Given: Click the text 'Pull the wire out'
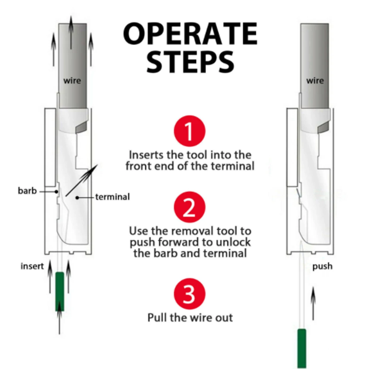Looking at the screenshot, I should point(190,317).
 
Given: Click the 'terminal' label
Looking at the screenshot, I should point(113,197).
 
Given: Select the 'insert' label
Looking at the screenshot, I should point(32,266).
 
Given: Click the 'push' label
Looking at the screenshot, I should point(322,266).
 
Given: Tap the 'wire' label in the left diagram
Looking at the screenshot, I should point(72,81).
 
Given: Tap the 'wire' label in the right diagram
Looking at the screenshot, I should point(315,81).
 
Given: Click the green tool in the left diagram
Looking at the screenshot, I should point(59,291).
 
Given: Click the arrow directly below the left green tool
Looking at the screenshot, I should point(59,323).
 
